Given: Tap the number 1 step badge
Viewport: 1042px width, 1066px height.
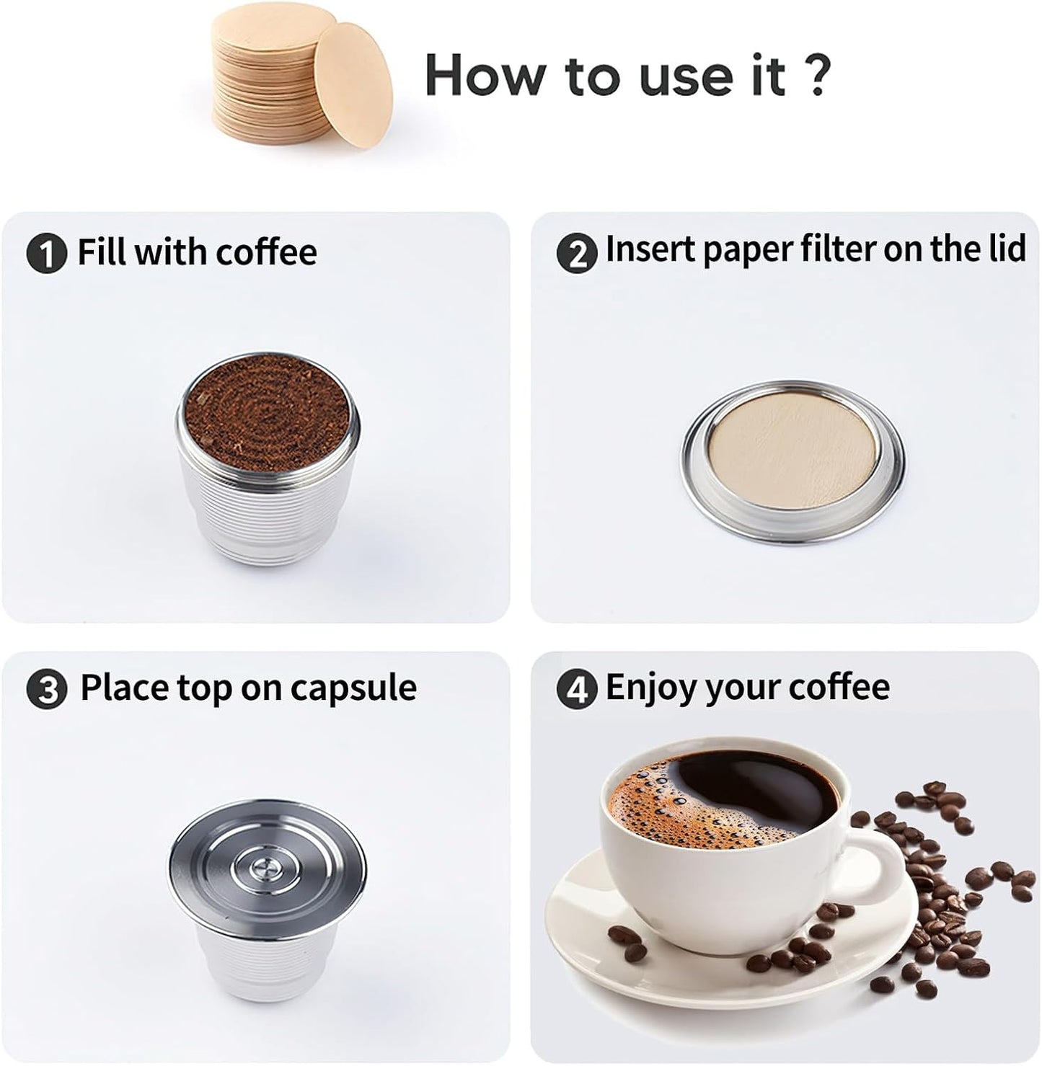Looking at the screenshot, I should click(x=46, y=254).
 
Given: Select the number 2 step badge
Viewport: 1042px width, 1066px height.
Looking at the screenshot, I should click(x=577, y=254).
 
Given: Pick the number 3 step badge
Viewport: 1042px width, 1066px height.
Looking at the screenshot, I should click(x=46, y=690).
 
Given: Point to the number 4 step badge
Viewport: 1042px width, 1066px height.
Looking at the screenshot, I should click(x=577, y=690).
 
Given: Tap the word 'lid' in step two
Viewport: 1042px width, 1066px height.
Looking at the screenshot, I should click(x=1004, y=249).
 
